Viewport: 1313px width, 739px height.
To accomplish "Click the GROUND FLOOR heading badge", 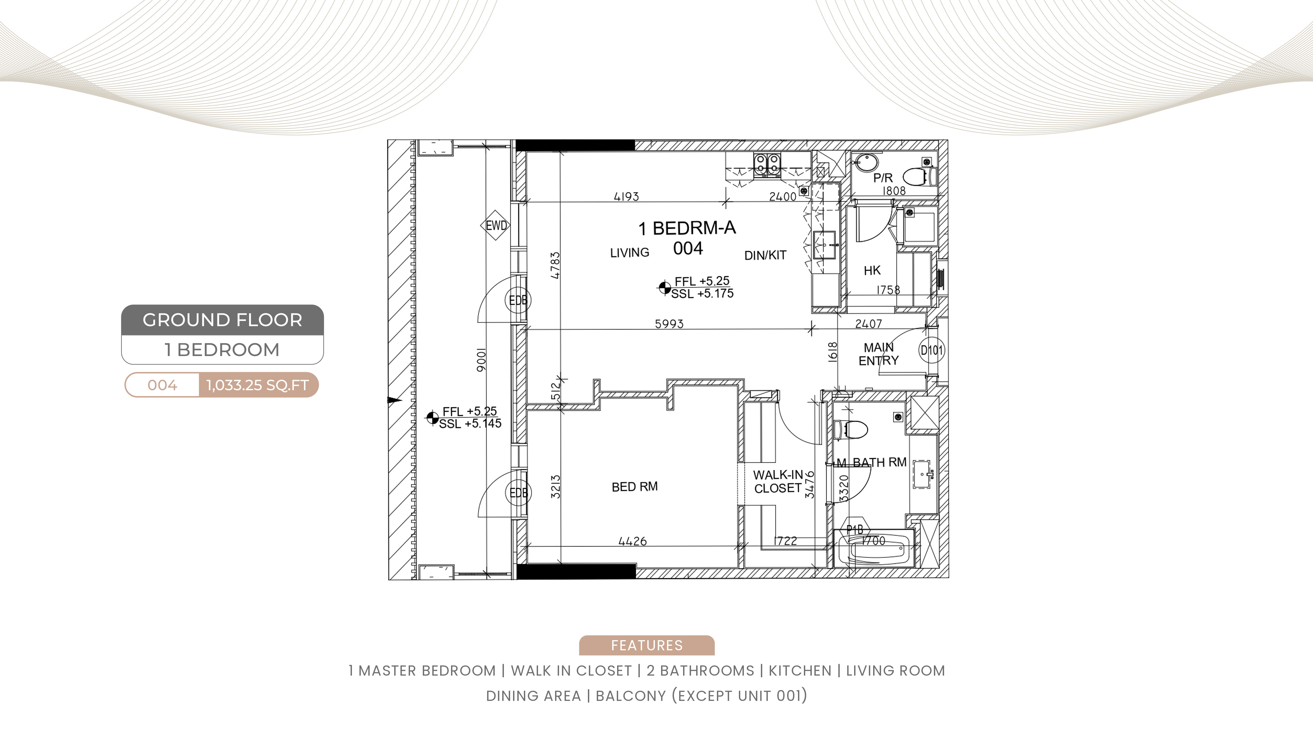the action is click(222, 320).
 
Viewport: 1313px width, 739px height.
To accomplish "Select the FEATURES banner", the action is click(646, 645).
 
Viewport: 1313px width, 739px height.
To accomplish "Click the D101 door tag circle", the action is click(932, 350).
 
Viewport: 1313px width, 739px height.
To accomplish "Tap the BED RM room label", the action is click(635, 486).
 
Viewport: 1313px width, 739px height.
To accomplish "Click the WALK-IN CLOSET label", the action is click(778, 481).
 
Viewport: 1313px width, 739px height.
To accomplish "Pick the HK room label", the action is click(872, 270).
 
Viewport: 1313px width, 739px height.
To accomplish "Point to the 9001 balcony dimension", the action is click(481, 361).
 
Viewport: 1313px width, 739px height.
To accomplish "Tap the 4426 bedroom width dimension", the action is click(633, 541).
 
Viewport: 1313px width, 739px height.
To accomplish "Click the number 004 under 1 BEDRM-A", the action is click(688, 248).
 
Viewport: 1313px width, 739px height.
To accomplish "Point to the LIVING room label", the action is click(630, 253).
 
